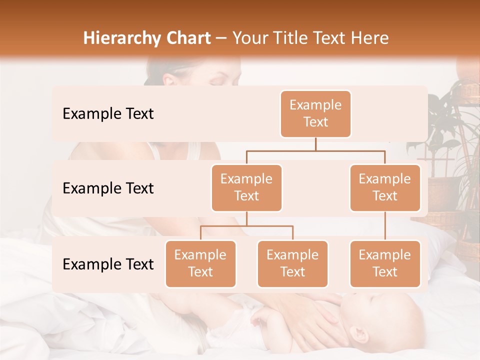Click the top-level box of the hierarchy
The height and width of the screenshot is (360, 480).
[315, 114]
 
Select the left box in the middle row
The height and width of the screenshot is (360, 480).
[246, 187]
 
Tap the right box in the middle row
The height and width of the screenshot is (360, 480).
[385, 187]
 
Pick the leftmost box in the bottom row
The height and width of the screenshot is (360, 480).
[200, 263]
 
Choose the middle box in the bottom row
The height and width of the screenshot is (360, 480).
[292, 263]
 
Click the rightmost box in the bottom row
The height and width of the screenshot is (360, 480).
[385, 263]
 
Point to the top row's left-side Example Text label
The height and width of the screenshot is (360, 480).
[108, 114]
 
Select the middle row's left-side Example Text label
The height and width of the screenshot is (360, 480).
[108, 188]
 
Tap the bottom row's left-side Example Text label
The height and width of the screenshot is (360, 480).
[108, 264]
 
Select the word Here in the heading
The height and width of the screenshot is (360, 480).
[370, 38]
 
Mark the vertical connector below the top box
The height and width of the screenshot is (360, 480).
[315, 144]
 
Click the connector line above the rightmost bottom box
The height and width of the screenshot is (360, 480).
[385, 226]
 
